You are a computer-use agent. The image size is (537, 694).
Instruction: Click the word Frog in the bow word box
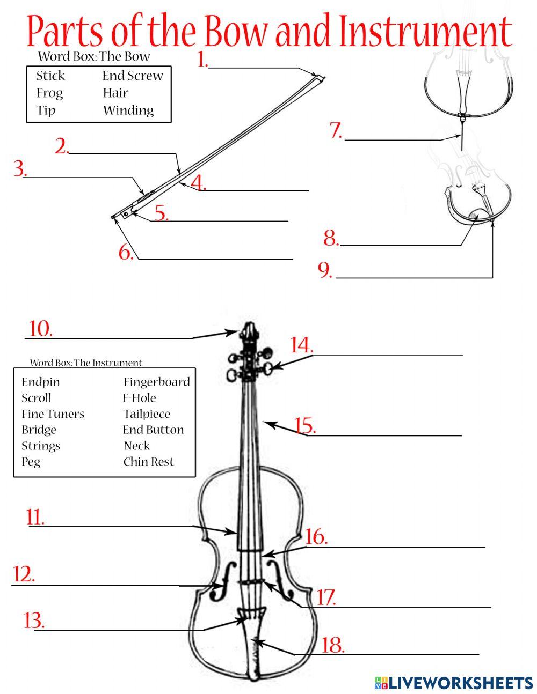coord(49,93)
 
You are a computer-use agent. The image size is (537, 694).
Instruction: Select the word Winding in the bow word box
coord(128,110)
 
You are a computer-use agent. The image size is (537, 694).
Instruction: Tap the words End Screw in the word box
coord(133,76)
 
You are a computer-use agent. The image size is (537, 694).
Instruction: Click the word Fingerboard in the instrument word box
coord(156,382)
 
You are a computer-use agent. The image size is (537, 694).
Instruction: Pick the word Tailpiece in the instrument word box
coord(147,414)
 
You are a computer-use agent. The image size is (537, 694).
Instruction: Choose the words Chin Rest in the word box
coord(149,462)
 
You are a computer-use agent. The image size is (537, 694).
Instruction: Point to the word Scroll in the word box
coord(37,398)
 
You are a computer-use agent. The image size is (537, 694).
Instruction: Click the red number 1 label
coord(202,60)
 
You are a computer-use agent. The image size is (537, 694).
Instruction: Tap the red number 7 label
coord(336,131)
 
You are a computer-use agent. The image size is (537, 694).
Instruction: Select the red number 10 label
coord(40,329)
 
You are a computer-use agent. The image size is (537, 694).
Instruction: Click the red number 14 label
coord(301,345)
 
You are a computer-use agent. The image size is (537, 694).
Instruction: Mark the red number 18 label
coord(332,645)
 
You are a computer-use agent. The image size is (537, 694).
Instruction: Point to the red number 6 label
coord(126,252)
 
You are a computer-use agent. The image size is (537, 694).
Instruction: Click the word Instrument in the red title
coord(424,32)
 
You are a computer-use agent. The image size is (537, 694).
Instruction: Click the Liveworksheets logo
coord(453,682)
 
